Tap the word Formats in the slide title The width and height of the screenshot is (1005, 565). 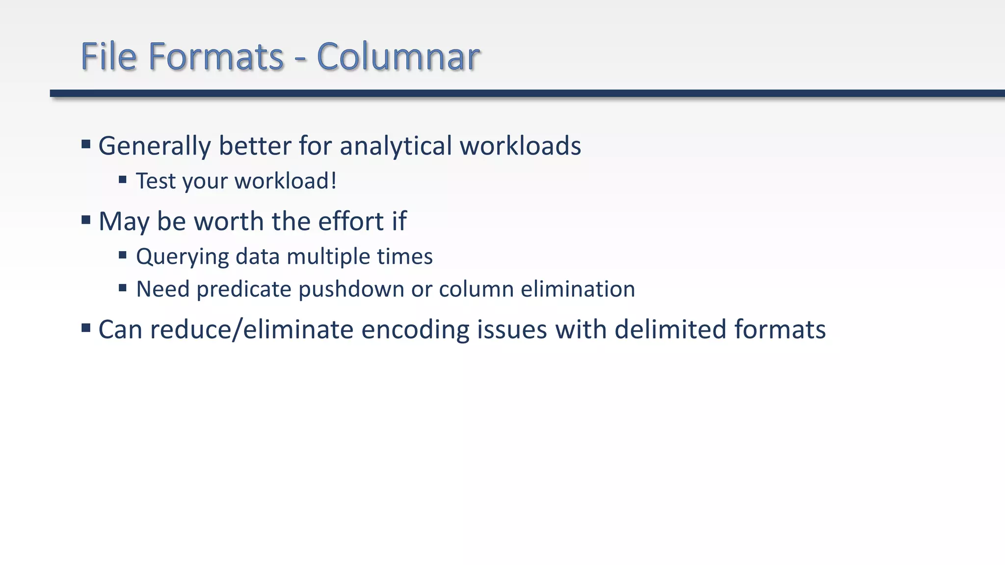point(216,56)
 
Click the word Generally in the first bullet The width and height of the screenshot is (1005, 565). point(154,146)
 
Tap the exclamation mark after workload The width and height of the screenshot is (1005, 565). point(334,180)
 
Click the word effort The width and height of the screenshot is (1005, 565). point(351,221)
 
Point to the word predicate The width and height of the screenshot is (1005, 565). point(244,289)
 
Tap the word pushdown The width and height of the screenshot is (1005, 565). point(351,289)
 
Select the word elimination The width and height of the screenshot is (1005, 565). point(578,289)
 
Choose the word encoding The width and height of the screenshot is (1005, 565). point(415,330)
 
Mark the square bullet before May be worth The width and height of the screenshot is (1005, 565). point(86,220)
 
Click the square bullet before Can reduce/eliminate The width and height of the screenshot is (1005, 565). point(86,328)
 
